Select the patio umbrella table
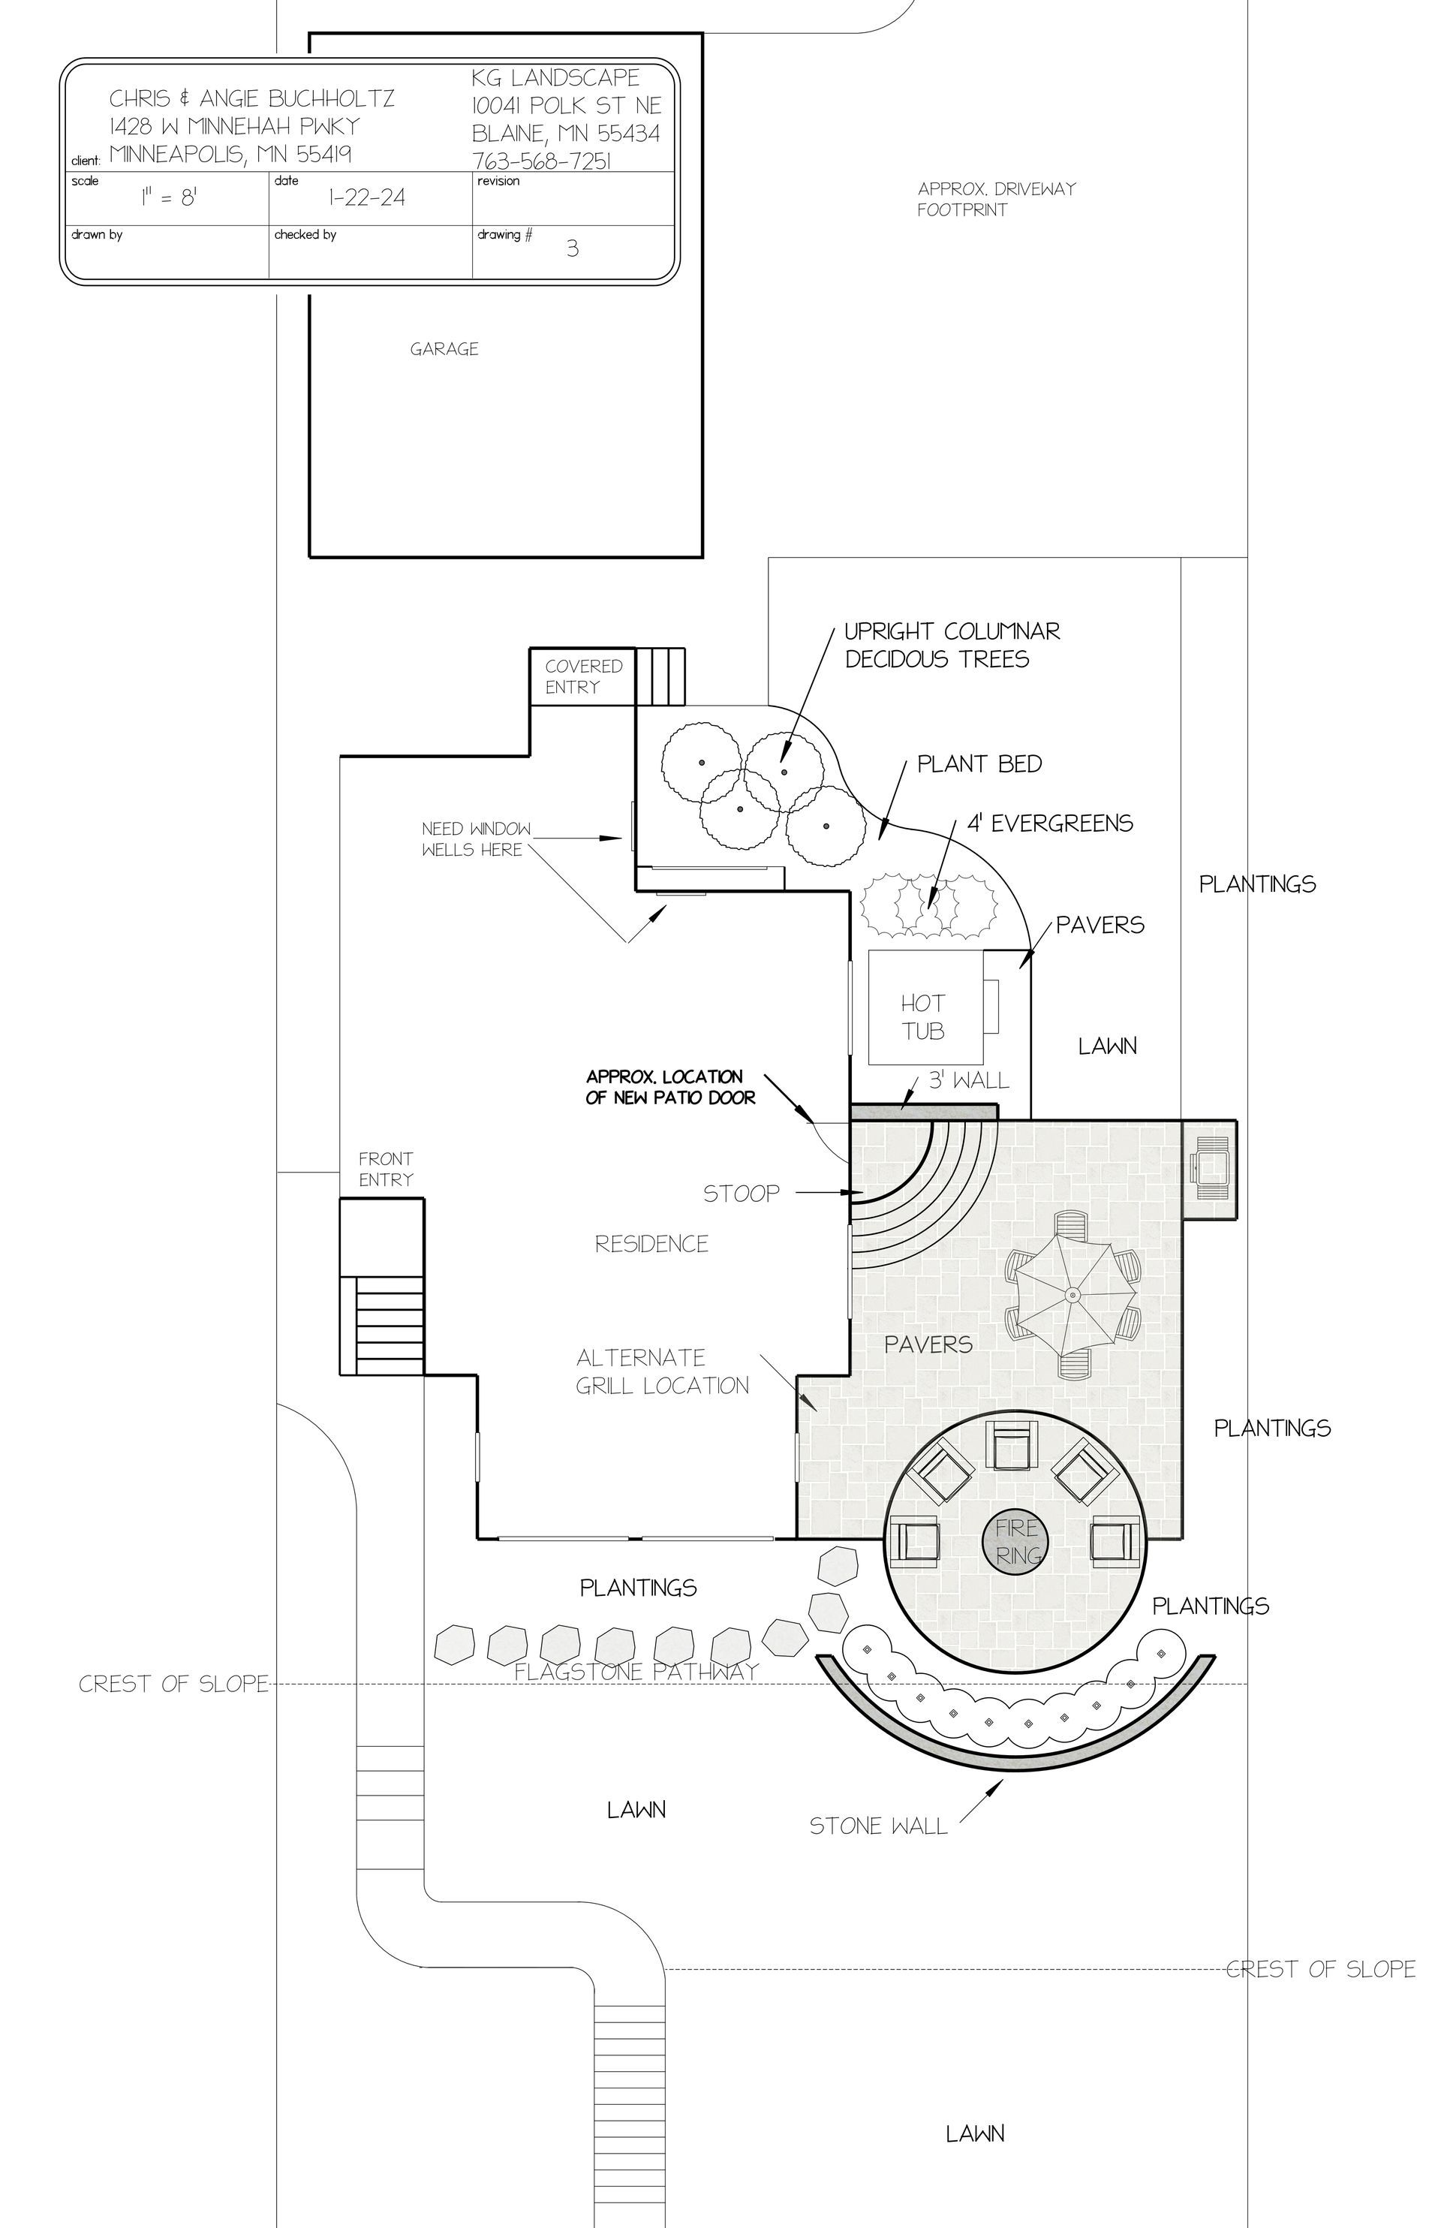[1072, 1295]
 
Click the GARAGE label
[444, 349]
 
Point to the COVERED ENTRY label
[583, 676]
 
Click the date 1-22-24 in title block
[367, 198]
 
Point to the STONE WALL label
[877, 1826]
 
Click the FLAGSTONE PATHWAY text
[636, 1673]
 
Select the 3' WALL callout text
[968, 1082]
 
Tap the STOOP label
[741, 1194]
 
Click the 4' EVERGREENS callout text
[1050, 823]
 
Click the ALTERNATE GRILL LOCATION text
[663, 1371]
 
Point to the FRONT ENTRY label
[386, 1170]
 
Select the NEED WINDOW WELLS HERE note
[475, 839]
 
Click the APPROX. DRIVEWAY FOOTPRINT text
[996, 200]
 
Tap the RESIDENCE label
[651, 1245]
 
